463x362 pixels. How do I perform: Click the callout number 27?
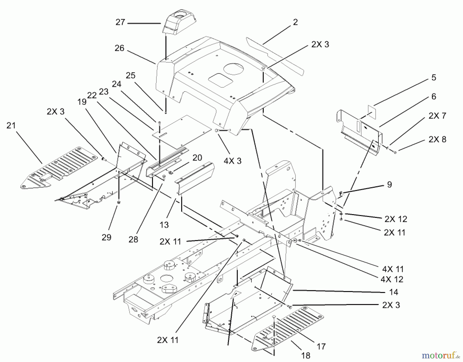click(x=120, y=22)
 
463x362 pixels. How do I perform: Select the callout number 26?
click(x=119, y=48)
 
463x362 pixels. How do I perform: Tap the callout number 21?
click(x=11, y=126)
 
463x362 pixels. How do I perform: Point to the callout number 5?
click(x=434, y=77)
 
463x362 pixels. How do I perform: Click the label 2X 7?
click(x=437, y=116)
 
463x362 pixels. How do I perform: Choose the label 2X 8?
click(x=437, y=139)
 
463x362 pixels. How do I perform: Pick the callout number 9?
click(x=389, y=184)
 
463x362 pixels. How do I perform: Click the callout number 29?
click(x=106, y=237)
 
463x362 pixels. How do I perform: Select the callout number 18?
click(x=306, y=356)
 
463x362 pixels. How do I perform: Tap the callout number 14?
click(x=394, y=292)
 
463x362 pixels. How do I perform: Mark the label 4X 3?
click(x=232, y=161)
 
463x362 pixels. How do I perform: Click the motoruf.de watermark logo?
click(x=441, y=356)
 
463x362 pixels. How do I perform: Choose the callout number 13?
click(x=164, y=225)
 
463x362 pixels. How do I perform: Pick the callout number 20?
click(x=197, y=157)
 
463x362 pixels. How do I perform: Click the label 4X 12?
click(x=392, y=279)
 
